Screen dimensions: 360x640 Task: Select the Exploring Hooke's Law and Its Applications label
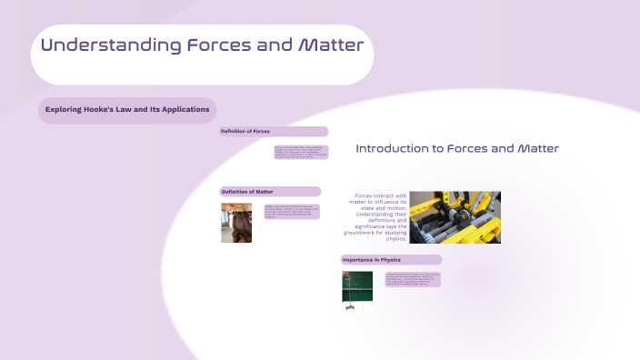(x=127, y=109)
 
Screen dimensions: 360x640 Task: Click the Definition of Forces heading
(x=245, y=132)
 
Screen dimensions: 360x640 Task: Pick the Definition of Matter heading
(x=247, y=192)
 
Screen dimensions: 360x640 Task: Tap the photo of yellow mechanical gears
(x=455, y=217)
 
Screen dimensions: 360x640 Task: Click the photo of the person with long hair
(x=236, y=223)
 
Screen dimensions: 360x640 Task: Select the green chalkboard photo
(x=357, y=290)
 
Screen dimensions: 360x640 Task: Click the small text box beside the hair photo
(x=291, y=212)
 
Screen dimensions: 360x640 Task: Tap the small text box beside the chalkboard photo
(x=412, y=279)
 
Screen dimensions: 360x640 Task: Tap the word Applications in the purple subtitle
(x=187, y=109)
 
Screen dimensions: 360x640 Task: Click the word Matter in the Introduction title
(x=537, y=148)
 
